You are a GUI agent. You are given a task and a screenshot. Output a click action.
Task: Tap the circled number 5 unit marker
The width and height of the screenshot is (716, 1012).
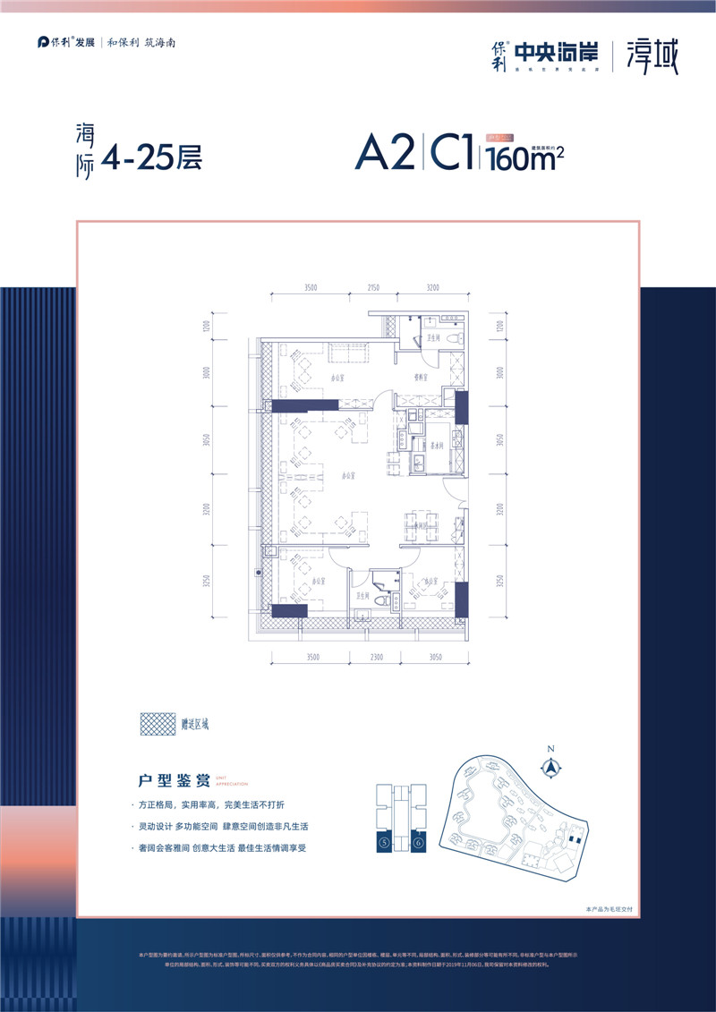[x=384, y=842]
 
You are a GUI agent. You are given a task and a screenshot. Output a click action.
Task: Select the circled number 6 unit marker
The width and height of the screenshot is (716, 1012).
[x=418, y=842]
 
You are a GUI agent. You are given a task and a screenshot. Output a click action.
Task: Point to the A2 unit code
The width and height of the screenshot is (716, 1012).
[x=386, y=154]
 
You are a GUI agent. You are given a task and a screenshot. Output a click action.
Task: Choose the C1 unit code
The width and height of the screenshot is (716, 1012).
[x=453, y=154]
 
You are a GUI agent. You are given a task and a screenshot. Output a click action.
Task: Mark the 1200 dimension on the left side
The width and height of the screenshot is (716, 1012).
[x=205, y=327]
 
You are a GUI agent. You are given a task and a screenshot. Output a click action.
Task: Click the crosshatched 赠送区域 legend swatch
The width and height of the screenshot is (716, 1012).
[x=157, y=722]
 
